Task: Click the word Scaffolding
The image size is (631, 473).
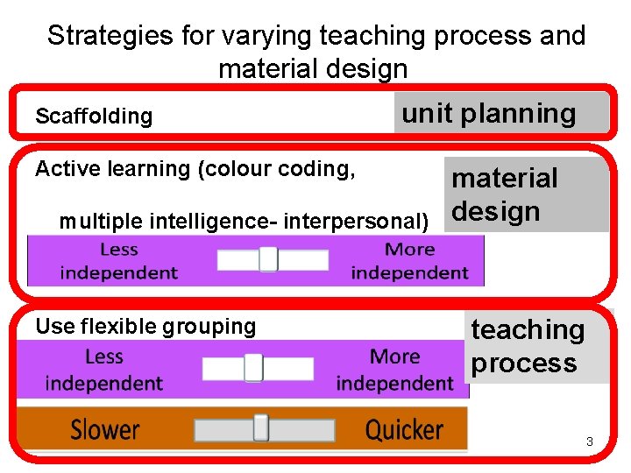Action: [93, 116]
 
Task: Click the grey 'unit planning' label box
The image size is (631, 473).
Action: [500, 113]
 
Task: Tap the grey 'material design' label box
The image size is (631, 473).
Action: [525, 194]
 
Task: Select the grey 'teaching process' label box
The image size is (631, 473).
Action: [535, 347]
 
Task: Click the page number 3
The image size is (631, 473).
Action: [590, 441]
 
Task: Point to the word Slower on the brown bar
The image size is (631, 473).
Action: [104, 430]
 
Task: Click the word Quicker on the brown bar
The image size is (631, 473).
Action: [404, 430]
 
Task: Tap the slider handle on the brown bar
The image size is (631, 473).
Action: [260, 427]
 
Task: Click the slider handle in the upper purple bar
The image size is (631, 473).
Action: [268, 259]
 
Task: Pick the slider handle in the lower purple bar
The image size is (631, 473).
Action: [253, 368]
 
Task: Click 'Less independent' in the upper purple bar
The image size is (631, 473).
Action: [118, 261]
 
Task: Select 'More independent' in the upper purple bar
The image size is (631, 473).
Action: [409, 261]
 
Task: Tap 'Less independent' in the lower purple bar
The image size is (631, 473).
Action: [103, 370]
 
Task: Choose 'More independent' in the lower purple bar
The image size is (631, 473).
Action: [394, 370]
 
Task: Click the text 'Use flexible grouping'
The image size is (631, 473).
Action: [145, 327]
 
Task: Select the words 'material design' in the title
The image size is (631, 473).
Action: [313, 68]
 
